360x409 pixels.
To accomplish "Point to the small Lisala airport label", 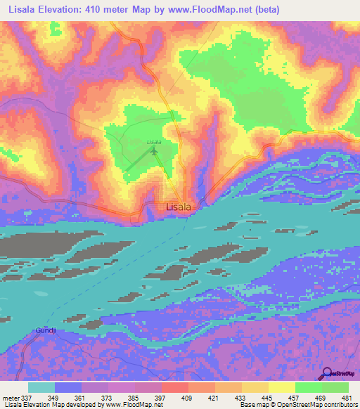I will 154,142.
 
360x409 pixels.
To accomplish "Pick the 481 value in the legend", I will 347,398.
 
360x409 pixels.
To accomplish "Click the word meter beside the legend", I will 11,398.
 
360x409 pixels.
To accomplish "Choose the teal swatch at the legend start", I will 41,387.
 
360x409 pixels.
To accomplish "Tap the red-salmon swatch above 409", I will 174,387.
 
